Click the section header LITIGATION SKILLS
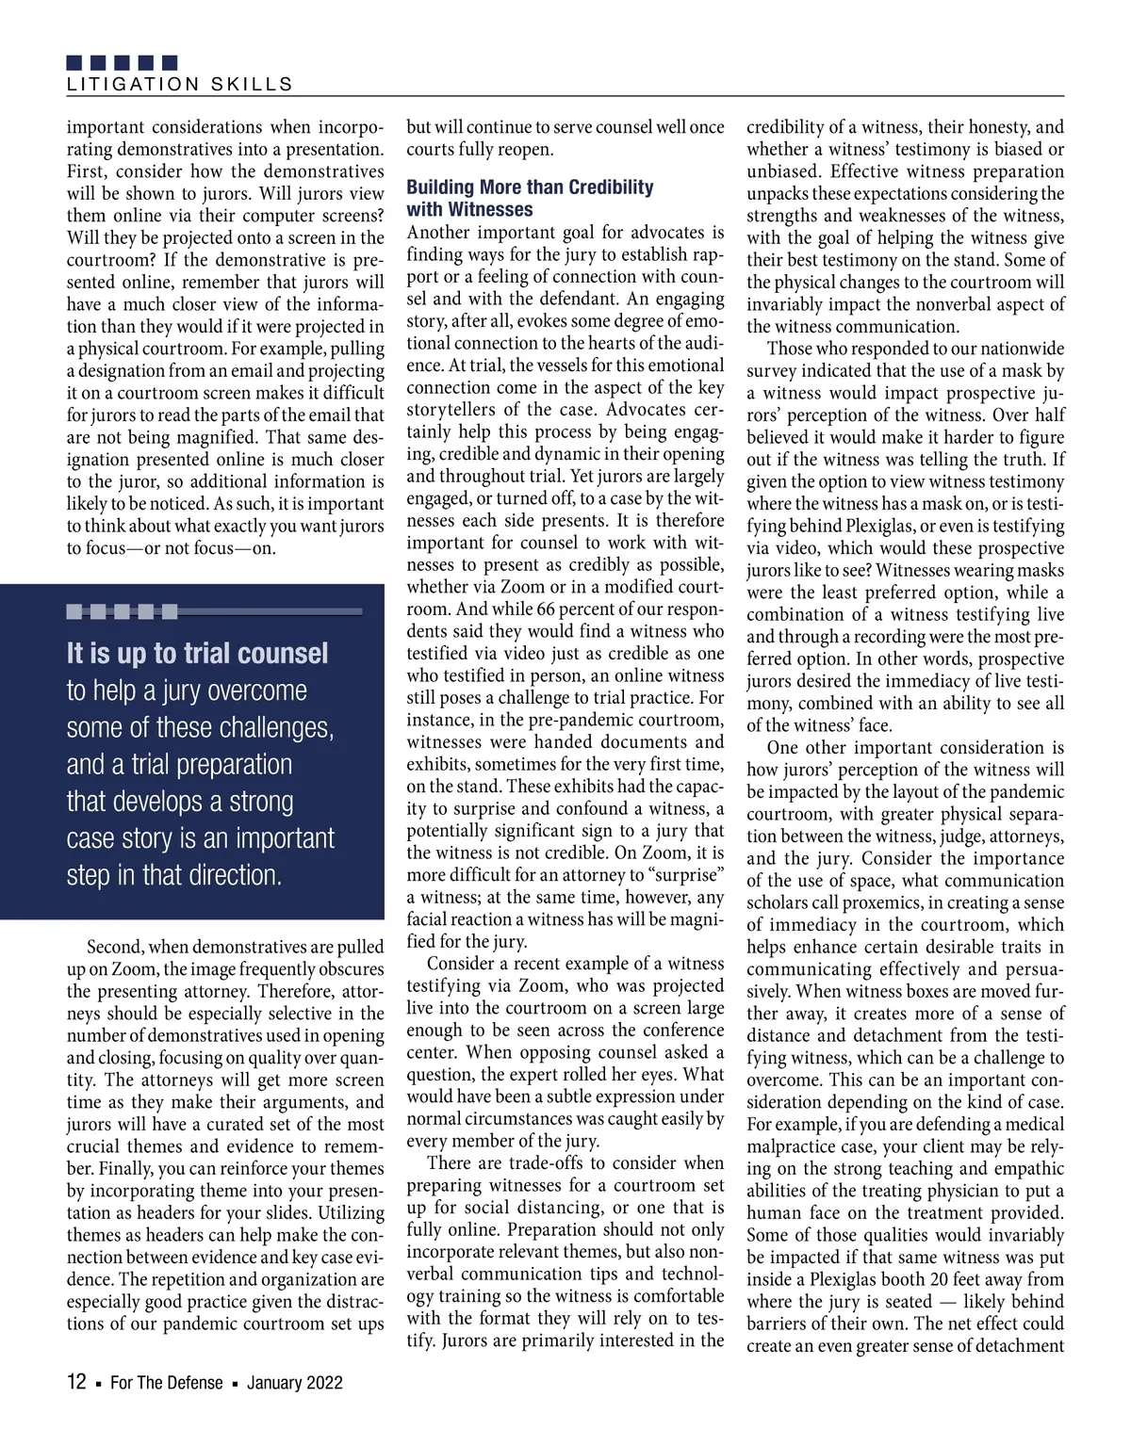click(x=179, y=85)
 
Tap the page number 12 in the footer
click(x=76, y=1382)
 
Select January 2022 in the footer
click(x=295, y=1383)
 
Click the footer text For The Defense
click(x=167, y=1383)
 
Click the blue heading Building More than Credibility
click(x=530, y=187)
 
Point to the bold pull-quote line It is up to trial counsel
click(x=197, y=654)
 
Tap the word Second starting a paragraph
click(x=113, y=947)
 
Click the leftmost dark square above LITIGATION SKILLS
click(x=76, y=63)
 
